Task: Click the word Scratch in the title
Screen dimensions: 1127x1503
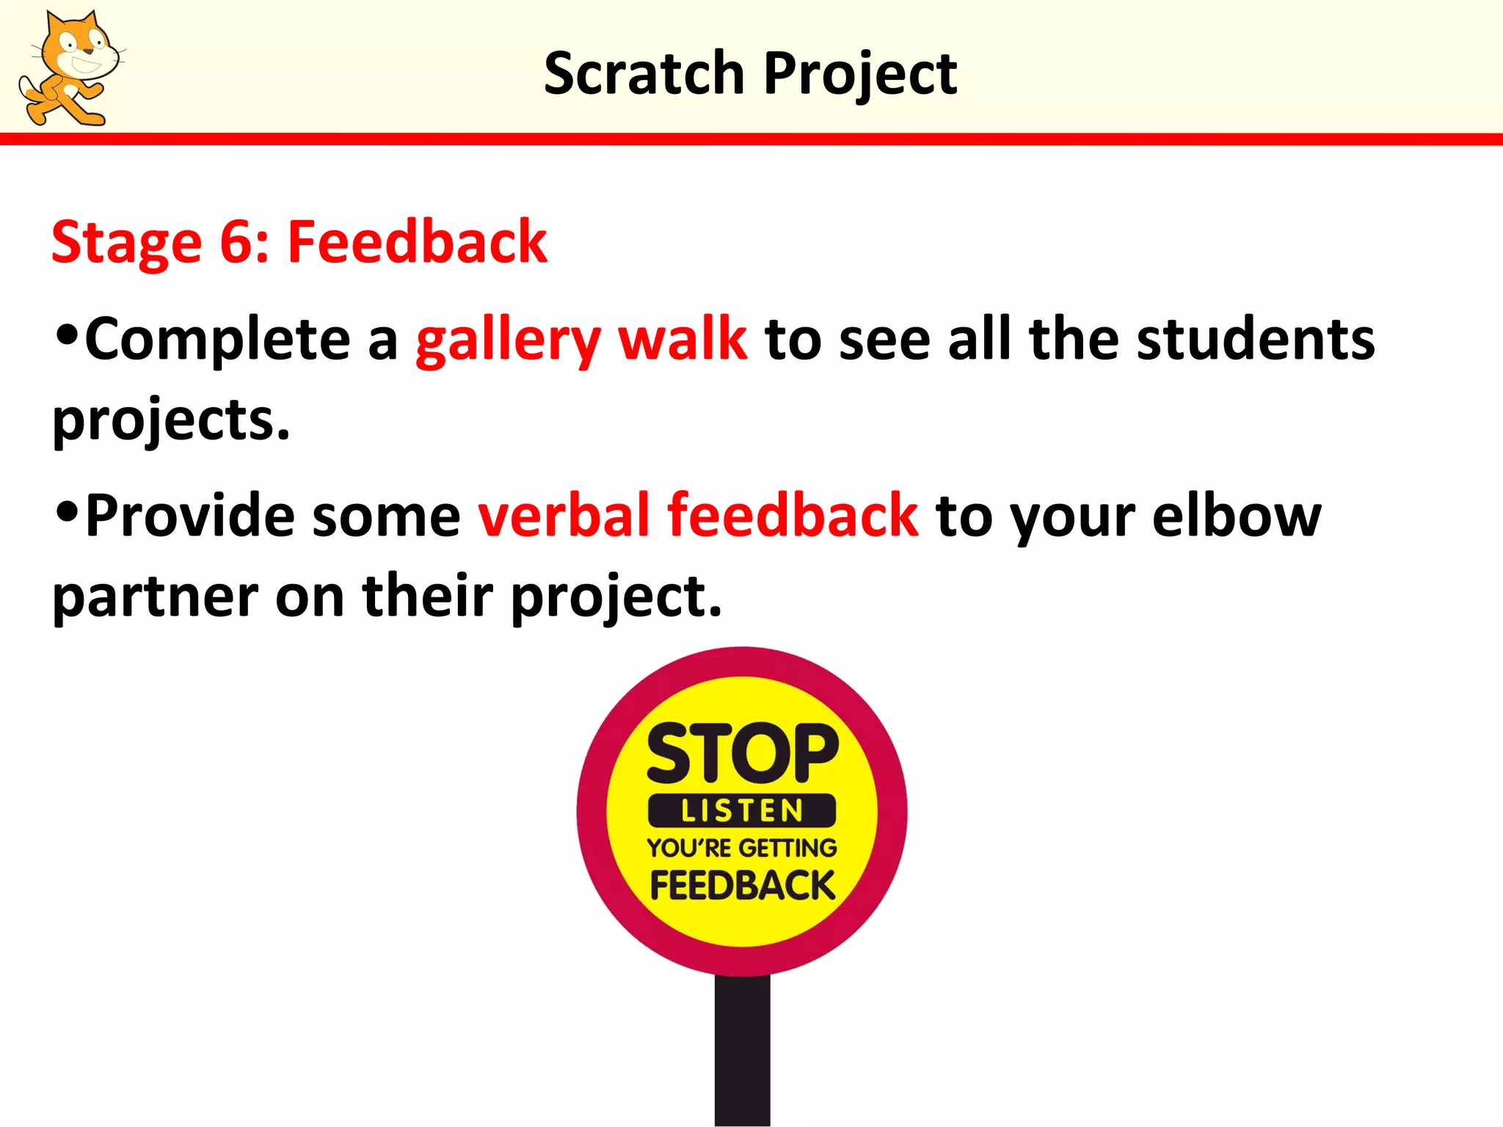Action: click(644, 73)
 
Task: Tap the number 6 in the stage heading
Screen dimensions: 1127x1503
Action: click(236, 242)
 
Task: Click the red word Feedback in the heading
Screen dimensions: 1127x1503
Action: click(417, 242)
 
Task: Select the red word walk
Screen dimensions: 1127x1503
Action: click(683, 339)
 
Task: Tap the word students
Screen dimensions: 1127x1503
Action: click(1256, 339)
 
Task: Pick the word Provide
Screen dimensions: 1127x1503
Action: click(190, 515)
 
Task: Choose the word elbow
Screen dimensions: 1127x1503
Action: click(1237, 515)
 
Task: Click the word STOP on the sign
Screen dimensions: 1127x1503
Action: click(742, 754)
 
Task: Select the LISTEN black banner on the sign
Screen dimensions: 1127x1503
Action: click(742, 811)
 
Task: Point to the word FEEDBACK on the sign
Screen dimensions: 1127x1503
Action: click(742, 886)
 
